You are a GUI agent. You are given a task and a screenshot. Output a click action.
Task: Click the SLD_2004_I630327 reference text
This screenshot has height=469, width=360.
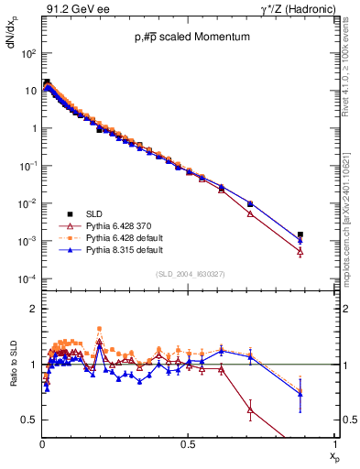click(191, 274)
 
